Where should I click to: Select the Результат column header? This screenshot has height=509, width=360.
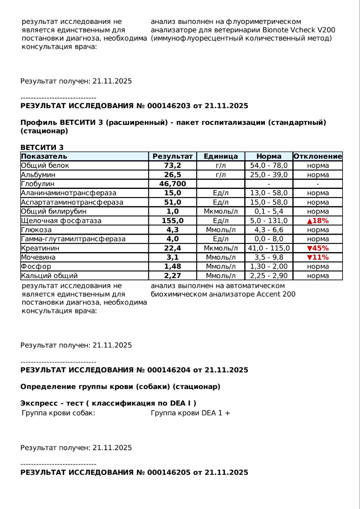[172, 156]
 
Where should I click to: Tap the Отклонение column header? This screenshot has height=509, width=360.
[317, 156]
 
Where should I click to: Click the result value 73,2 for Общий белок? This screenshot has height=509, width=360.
[172, 165]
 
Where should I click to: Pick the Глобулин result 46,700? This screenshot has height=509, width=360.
[172, 184]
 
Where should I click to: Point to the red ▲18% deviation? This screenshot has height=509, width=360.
[317, 221]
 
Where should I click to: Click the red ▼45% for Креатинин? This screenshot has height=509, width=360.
[317, 248]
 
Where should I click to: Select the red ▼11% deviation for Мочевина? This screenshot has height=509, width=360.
[317, 257]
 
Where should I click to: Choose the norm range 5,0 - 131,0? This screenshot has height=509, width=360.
[269, 221]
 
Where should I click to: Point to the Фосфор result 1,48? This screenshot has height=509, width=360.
[172, 266]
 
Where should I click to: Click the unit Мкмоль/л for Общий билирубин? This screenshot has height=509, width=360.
[221, 212]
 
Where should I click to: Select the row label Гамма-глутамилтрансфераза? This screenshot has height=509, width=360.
[73, 239]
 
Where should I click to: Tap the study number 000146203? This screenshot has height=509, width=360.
[169, 106]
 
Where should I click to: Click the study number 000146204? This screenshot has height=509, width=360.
[169, 370]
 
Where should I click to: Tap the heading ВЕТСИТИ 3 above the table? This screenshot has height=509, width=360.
[42, 148]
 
